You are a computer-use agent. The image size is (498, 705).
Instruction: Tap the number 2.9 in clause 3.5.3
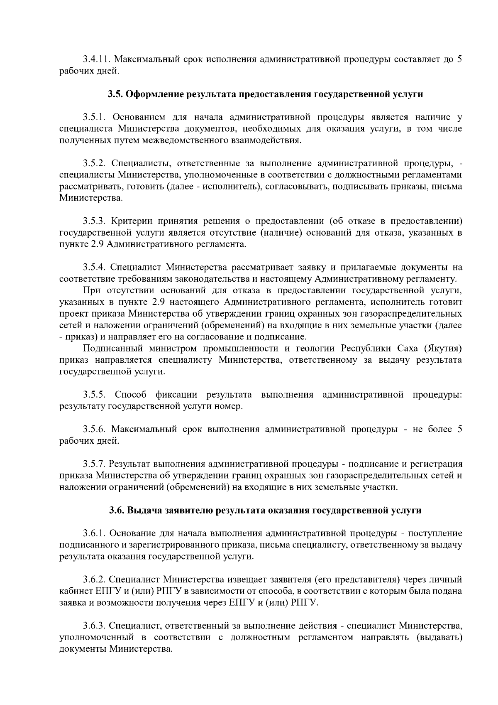click(x=98, y=243)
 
